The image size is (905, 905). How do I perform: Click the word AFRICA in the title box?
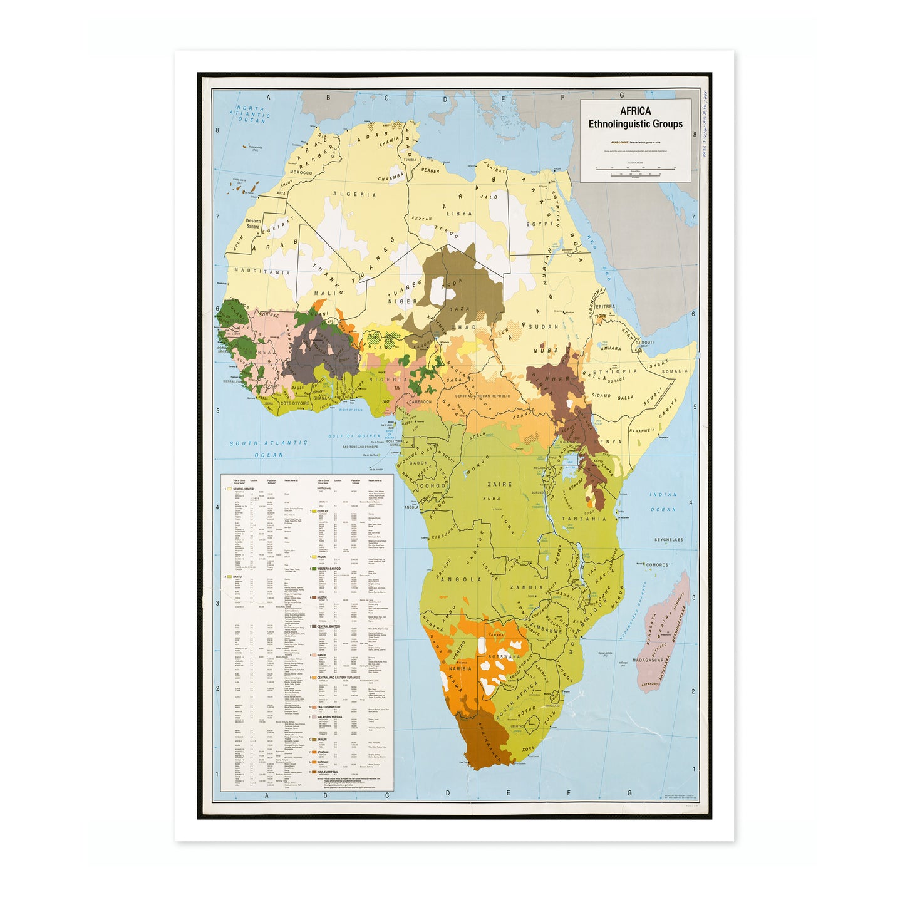tap(635, 111)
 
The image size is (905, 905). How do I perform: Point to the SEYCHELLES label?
tap(668, 539)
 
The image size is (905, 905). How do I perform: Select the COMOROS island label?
tap(657, 564)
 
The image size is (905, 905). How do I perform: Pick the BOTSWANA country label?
tap(504, 656)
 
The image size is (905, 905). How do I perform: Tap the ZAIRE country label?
tap(499, 484)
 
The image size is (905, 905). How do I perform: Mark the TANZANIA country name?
tap(584, 519)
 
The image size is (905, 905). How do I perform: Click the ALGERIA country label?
tap(354, 194)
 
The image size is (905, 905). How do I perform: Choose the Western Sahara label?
tap(253, 224)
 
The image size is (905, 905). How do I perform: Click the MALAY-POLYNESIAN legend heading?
tap(329, 717)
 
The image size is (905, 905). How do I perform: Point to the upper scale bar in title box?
tap(635, 168)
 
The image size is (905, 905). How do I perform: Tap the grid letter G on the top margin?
tap(621, 96)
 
